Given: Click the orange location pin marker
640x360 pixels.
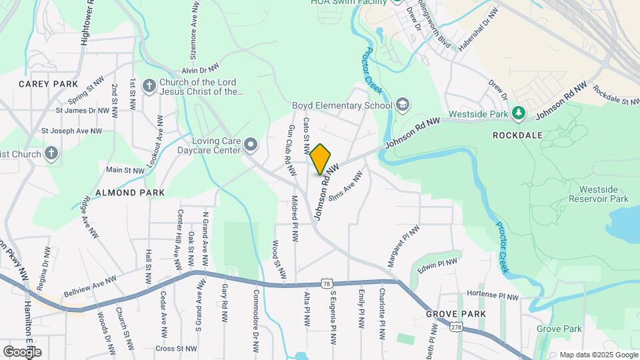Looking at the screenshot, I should [321, 159].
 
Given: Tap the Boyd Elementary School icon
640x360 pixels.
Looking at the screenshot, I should [403, 105].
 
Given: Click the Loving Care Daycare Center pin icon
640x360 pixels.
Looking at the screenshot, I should [251, 144].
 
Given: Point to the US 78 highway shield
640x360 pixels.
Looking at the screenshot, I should [325, 283].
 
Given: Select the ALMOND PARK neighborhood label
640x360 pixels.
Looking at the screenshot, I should [130, 193].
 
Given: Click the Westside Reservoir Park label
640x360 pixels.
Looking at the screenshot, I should [603, 194].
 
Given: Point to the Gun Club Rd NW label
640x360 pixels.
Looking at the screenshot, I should [291, 151].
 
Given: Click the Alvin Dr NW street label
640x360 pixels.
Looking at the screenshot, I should [200, 69].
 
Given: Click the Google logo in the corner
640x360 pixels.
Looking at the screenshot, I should [22, 351].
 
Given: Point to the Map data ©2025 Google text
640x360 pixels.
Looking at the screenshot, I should [598, 355].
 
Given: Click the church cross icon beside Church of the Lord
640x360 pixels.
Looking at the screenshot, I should [149, 86].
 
